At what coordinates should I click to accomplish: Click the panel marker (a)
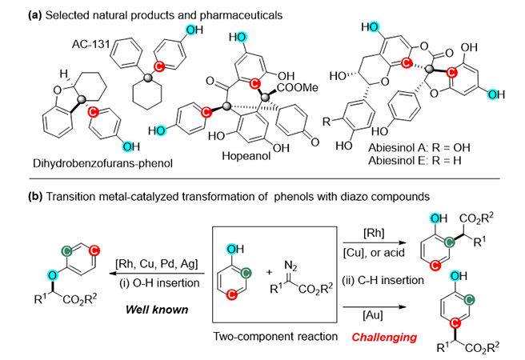click(x=16, y=10)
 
